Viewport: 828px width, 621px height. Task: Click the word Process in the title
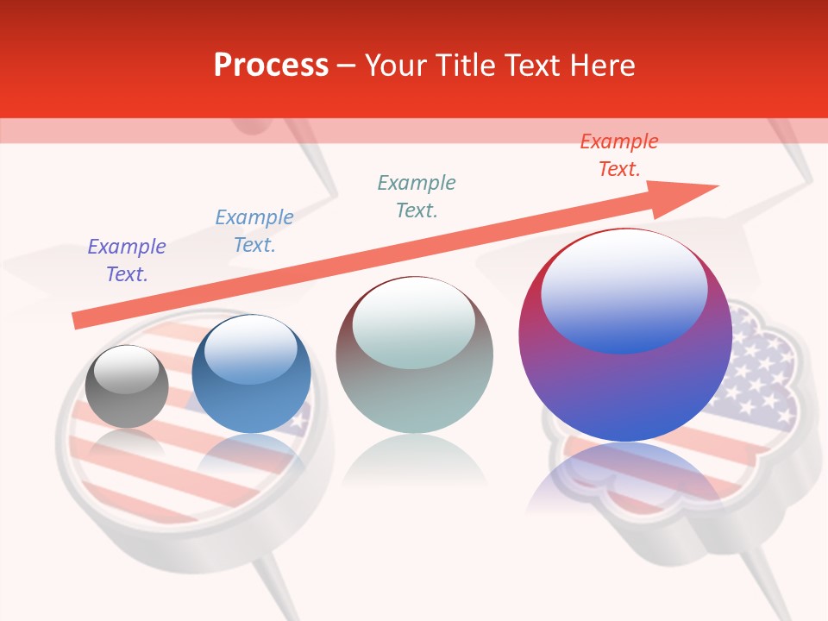click(x=271, y=66)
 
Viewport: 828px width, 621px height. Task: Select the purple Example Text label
click(x=127, y=260)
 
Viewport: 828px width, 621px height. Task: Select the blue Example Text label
click(x=254, y=231)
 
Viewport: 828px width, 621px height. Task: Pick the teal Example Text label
click(x=417, y=196)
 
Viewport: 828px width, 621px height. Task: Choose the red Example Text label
click(x=618, y=155)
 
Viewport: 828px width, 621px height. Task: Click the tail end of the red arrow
click(x=78, y=320)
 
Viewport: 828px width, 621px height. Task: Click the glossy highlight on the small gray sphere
click(x=127, y=370)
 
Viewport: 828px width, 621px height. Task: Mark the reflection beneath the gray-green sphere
click(x=414, y=461)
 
